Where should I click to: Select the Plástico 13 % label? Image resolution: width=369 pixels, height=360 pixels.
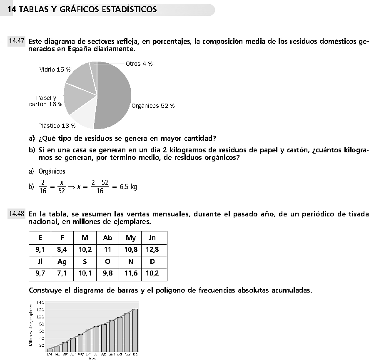[x=57, y=125]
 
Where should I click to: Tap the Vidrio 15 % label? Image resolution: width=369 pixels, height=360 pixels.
[x=55, y=70]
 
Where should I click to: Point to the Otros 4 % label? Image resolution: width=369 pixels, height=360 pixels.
[x=139, y=64]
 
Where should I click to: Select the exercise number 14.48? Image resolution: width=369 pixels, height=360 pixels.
[x=17, y=214]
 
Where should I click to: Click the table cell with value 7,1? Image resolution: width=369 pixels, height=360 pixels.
[x=62, y=274]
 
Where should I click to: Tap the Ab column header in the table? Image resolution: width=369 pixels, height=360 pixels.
[x=107, y=238]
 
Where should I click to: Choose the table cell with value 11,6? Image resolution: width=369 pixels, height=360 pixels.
[x=131, y=274]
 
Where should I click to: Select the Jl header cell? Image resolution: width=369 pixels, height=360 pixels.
[x=40, y=262]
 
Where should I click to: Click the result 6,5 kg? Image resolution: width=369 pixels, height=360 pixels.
[x=128, y=187]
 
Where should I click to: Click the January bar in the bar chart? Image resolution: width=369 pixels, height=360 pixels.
[x=49, y=350]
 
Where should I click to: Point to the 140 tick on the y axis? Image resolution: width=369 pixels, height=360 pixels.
[x=40, y=303]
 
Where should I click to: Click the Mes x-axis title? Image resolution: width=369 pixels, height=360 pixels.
[x=92, y=358]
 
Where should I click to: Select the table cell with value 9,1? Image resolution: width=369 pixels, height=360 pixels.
[x=40, y=250]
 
